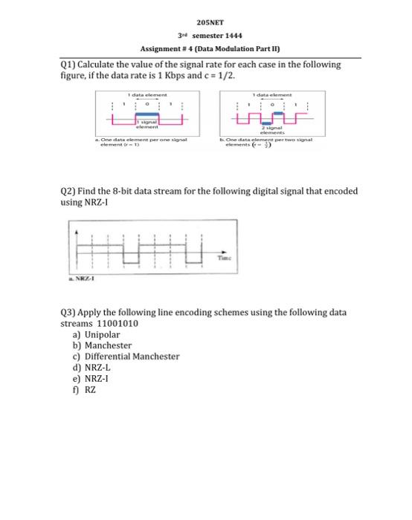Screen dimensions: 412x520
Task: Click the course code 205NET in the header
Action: [x=206, y=23]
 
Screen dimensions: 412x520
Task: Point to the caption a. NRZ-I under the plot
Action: [x=82, y=281]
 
